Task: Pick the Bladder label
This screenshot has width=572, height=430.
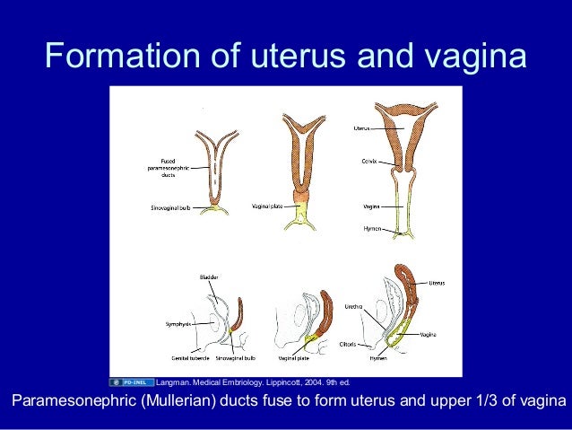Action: coord(209,278)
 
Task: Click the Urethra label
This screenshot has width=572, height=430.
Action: coord(353,306)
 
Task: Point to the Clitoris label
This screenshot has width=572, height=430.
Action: coord(351,343)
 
